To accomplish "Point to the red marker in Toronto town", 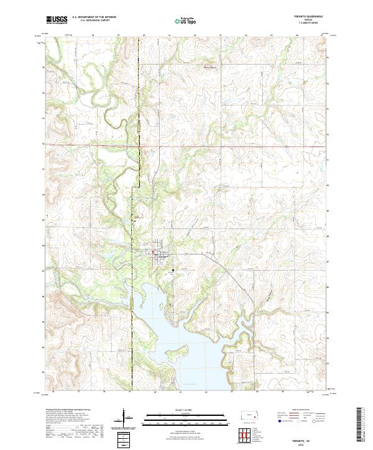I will click(154, 252).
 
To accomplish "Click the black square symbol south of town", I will click(173, 269).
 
